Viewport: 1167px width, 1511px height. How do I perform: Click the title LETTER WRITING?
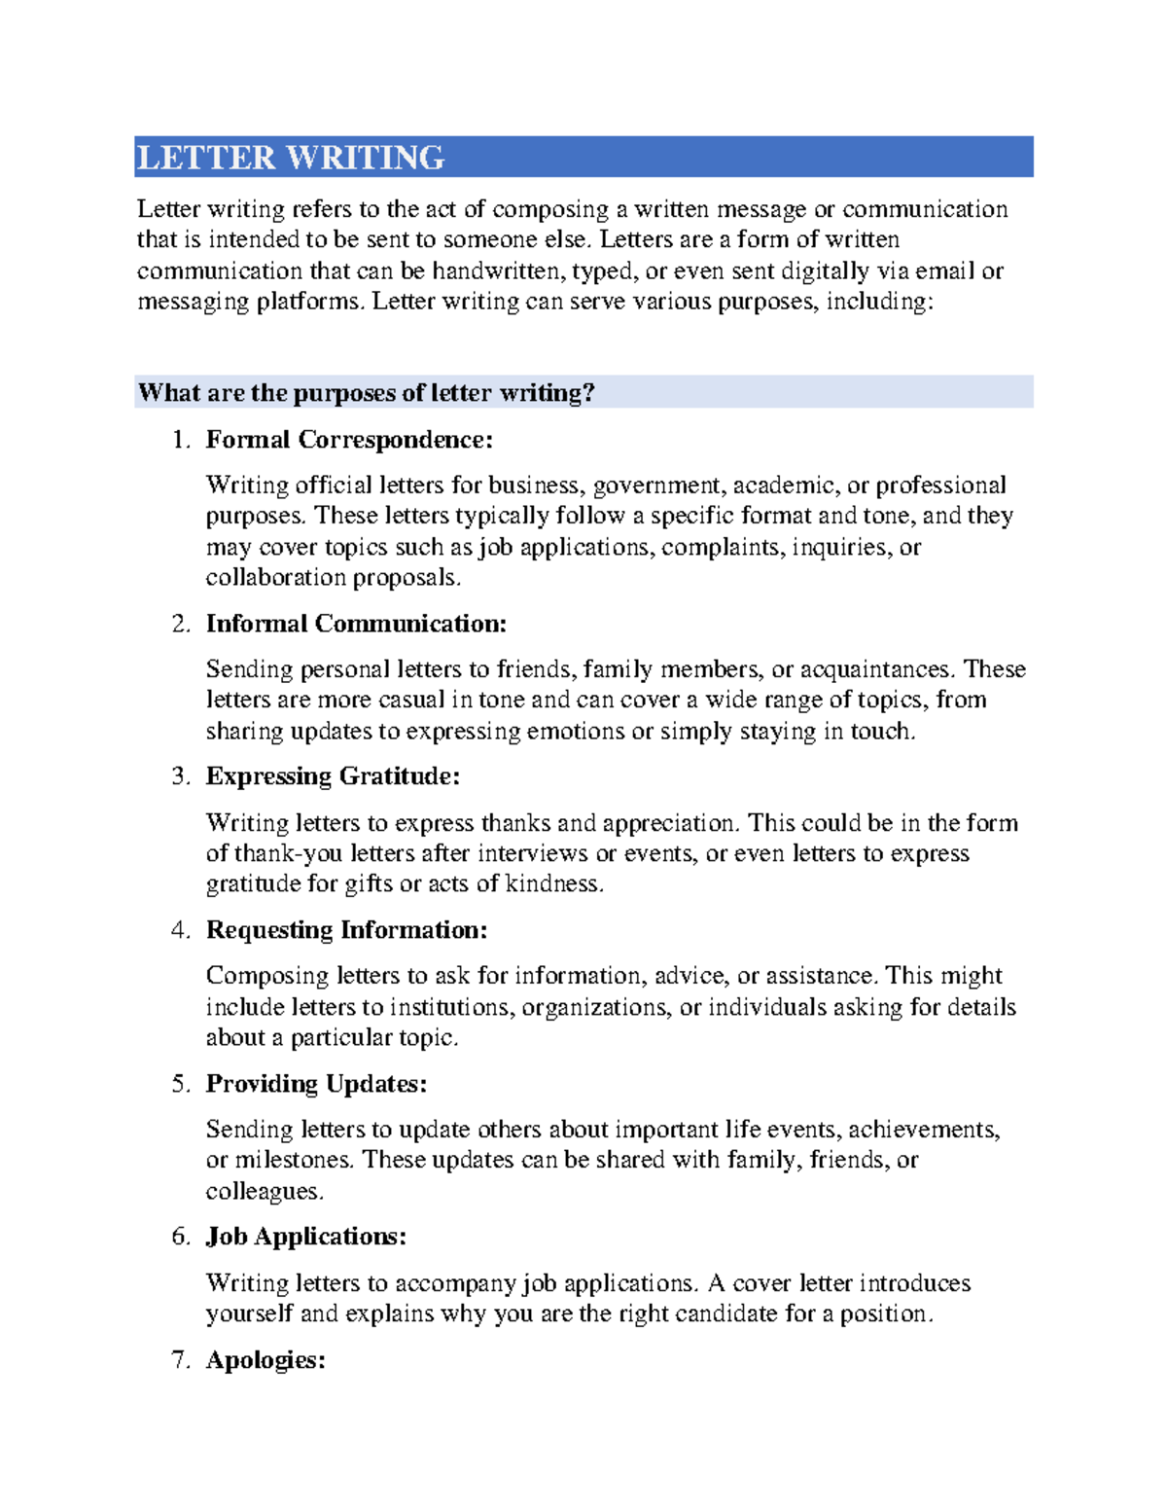291,158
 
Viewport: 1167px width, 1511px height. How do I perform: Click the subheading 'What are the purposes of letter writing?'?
366,393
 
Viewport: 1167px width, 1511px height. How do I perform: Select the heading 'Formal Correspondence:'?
349,440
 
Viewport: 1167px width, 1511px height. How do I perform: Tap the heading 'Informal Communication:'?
356,624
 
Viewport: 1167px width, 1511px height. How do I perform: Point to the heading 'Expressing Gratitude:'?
333,776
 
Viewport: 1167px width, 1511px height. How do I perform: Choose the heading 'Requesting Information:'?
346,930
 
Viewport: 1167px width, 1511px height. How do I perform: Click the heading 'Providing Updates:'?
316,1084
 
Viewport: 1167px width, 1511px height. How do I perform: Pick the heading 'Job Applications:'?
305,1237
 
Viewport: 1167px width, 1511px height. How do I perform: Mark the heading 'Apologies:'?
265,1360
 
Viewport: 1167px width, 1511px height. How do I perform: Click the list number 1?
180,440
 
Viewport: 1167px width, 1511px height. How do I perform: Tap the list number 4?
180,930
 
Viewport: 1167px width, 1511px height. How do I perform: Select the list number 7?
180,1360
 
